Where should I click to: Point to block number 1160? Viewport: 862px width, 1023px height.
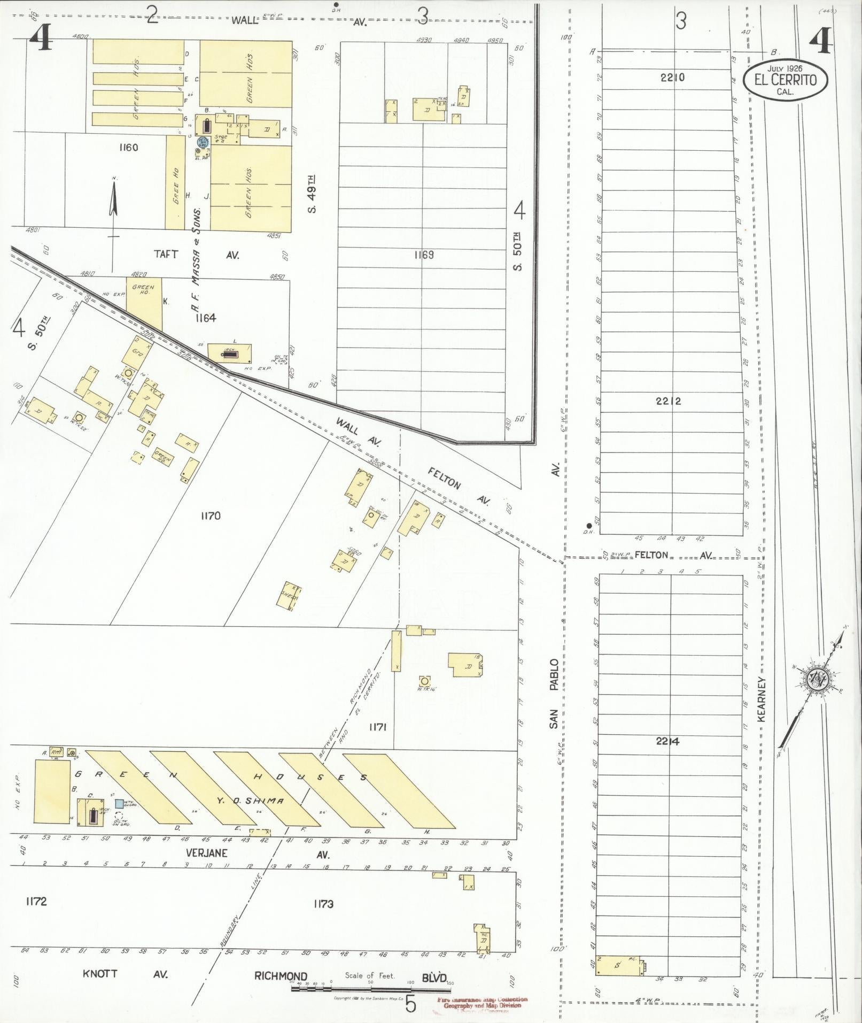pyautogui.click(x=129, y=147)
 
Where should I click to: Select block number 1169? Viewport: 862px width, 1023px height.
pyautogui.click(x=423, y=255)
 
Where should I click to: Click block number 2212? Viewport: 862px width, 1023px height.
pyautogui.click(x=668, y=401)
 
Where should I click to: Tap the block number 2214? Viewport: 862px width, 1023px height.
pyautogui.click(x=668, y=741)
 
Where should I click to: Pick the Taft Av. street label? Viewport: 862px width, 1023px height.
pyautogui.click(x=166, y=255)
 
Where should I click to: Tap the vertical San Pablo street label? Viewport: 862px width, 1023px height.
pyautogui.click(x=554, y=693)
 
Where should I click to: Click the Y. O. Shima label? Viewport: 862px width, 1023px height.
pyautogui.click(x=250, y=801)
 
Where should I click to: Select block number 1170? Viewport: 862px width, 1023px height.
pyautogui.click(x=211, y=516)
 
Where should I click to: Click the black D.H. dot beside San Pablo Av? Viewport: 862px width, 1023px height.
pyautogui.click(x=588, y=526)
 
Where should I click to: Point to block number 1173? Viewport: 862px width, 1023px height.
pyautogui.click(x=323, y=904)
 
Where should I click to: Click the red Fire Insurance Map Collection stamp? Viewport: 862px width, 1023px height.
pyautogui.click(x=482, y=1003)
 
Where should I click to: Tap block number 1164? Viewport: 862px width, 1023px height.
pyautogui.click(x=205, y=318)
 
